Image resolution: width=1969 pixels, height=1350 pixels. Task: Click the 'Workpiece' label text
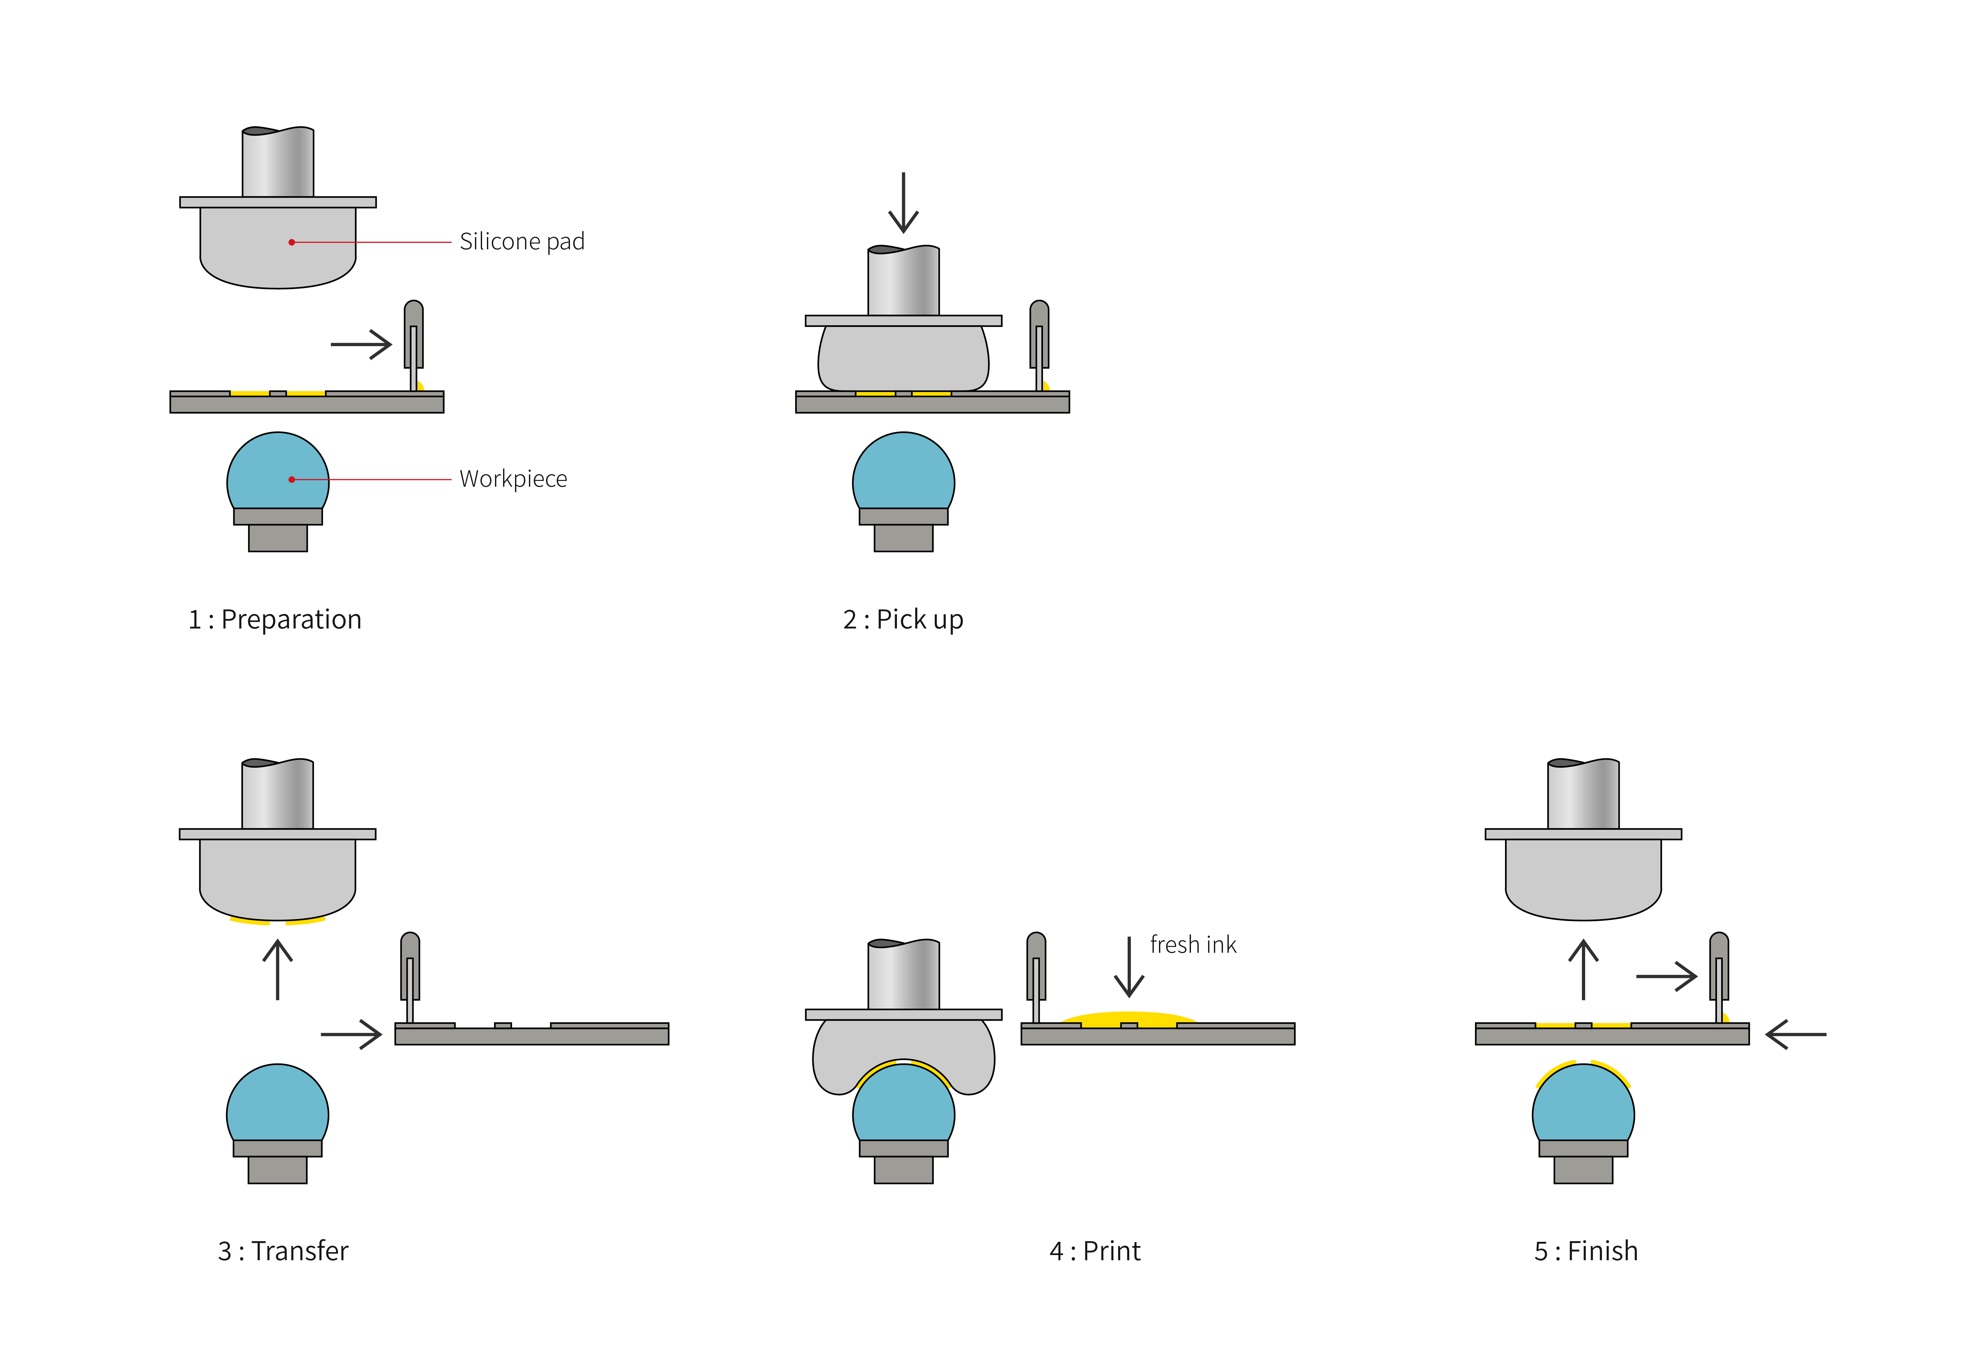click(512, 479)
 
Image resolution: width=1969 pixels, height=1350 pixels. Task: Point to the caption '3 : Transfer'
click(283, 1251)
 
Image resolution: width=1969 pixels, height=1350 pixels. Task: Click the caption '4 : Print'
click(1095, 1251)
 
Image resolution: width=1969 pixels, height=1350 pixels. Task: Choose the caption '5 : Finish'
click(1585, 1251)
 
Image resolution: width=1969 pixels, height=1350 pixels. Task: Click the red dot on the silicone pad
click(291, 242)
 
